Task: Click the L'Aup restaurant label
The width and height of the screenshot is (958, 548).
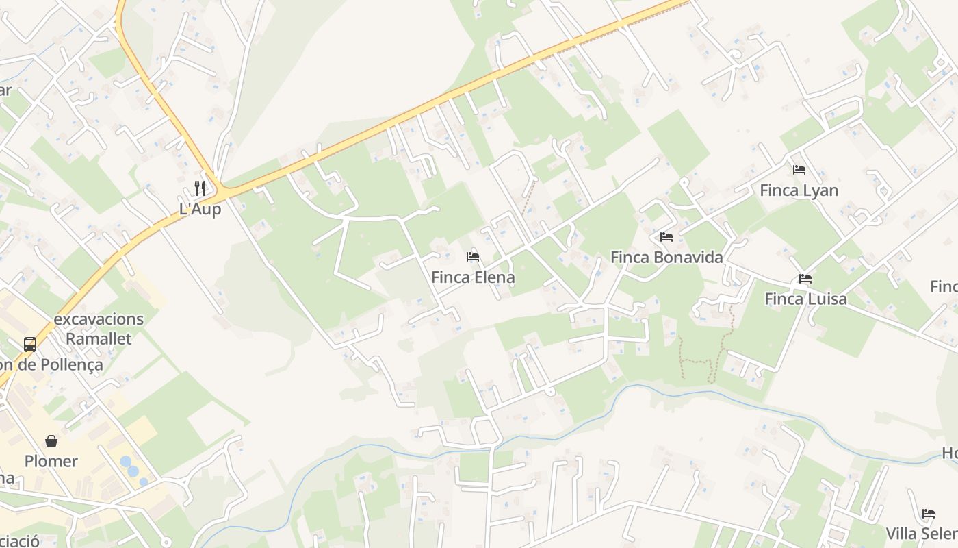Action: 200,209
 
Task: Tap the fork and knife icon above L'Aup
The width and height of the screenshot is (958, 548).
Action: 200,188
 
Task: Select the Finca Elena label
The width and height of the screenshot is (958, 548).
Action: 473,277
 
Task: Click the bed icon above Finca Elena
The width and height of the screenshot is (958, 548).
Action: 473,257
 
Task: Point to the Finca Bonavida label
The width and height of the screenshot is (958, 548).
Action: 666,258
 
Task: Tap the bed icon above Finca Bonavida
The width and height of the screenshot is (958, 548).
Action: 666,237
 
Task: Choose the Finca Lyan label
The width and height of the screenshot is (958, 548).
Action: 799,190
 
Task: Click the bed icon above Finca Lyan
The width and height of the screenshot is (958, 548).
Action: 799,169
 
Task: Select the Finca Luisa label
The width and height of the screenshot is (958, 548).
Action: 805,299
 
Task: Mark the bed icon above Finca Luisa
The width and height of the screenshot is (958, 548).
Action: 805,279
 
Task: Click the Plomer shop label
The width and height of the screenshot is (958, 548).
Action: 51,461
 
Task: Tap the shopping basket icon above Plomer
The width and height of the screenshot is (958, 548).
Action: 51,440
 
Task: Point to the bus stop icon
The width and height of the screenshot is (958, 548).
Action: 30,344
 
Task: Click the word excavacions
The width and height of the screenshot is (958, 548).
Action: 99,319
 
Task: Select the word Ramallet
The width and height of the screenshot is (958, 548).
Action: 99,338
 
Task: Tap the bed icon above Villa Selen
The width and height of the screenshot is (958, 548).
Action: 929,513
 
